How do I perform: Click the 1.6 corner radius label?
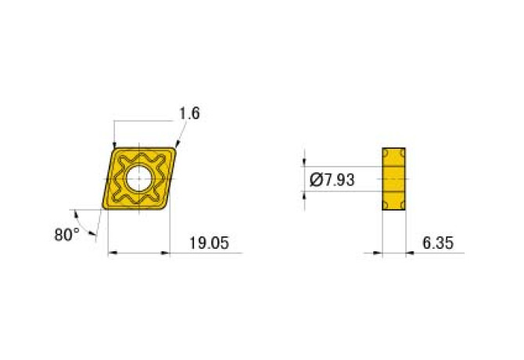tap(189, 113)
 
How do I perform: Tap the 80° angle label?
tap(67, 234)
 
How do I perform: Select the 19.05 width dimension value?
tap(209, 243)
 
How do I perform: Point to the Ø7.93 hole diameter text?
tap(332, 179)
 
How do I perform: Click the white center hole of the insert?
tap(138, 178)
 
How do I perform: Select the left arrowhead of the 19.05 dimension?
tap(111, 252)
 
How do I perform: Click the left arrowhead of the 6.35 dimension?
tap(379, 252)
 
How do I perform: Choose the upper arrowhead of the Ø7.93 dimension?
tap(304, 162)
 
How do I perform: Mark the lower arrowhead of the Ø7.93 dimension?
tap(304, 194)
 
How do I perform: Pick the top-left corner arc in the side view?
tap(386, 151)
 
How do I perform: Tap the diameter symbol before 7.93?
tap(316, 179)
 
